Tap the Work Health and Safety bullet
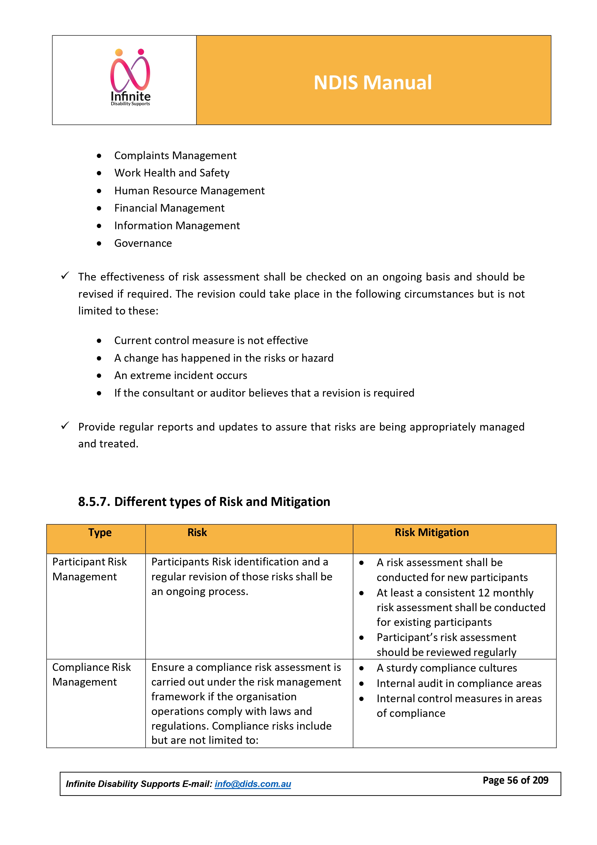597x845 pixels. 172,173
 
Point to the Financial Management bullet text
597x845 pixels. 169,208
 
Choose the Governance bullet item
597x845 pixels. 143,243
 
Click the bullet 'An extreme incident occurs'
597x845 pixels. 180,375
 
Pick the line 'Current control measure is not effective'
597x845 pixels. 211,341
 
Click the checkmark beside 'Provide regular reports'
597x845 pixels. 65,426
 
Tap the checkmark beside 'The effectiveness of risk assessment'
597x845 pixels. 65,276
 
